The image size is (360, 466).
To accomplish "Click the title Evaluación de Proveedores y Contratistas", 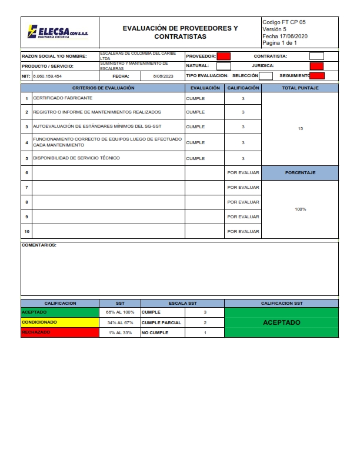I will coord(180,32).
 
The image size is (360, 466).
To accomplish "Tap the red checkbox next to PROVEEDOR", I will coord(224,56).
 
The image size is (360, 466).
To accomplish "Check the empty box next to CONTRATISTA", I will coord(316,56).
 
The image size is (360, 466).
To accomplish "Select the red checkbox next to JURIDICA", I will coord(316,66).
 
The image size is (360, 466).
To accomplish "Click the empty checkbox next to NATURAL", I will coord(224,66).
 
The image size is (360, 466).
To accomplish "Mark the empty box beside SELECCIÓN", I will coord(266,75).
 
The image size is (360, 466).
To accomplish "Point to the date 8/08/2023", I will coord(163,76).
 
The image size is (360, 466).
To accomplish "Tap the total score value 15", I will coord(300,128).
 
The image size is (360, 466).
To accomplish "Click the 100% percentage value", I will coord(300,209).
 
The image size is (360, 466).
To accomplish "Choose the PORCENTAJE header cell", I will coord(300,173).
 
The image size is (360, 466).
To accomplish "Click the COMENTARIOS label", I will coord(39,245).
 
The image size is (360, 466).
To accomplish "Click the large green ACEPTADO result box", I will coord(281,322).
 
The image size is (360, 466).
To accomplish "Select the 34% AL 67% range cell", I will coord(120,322).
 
